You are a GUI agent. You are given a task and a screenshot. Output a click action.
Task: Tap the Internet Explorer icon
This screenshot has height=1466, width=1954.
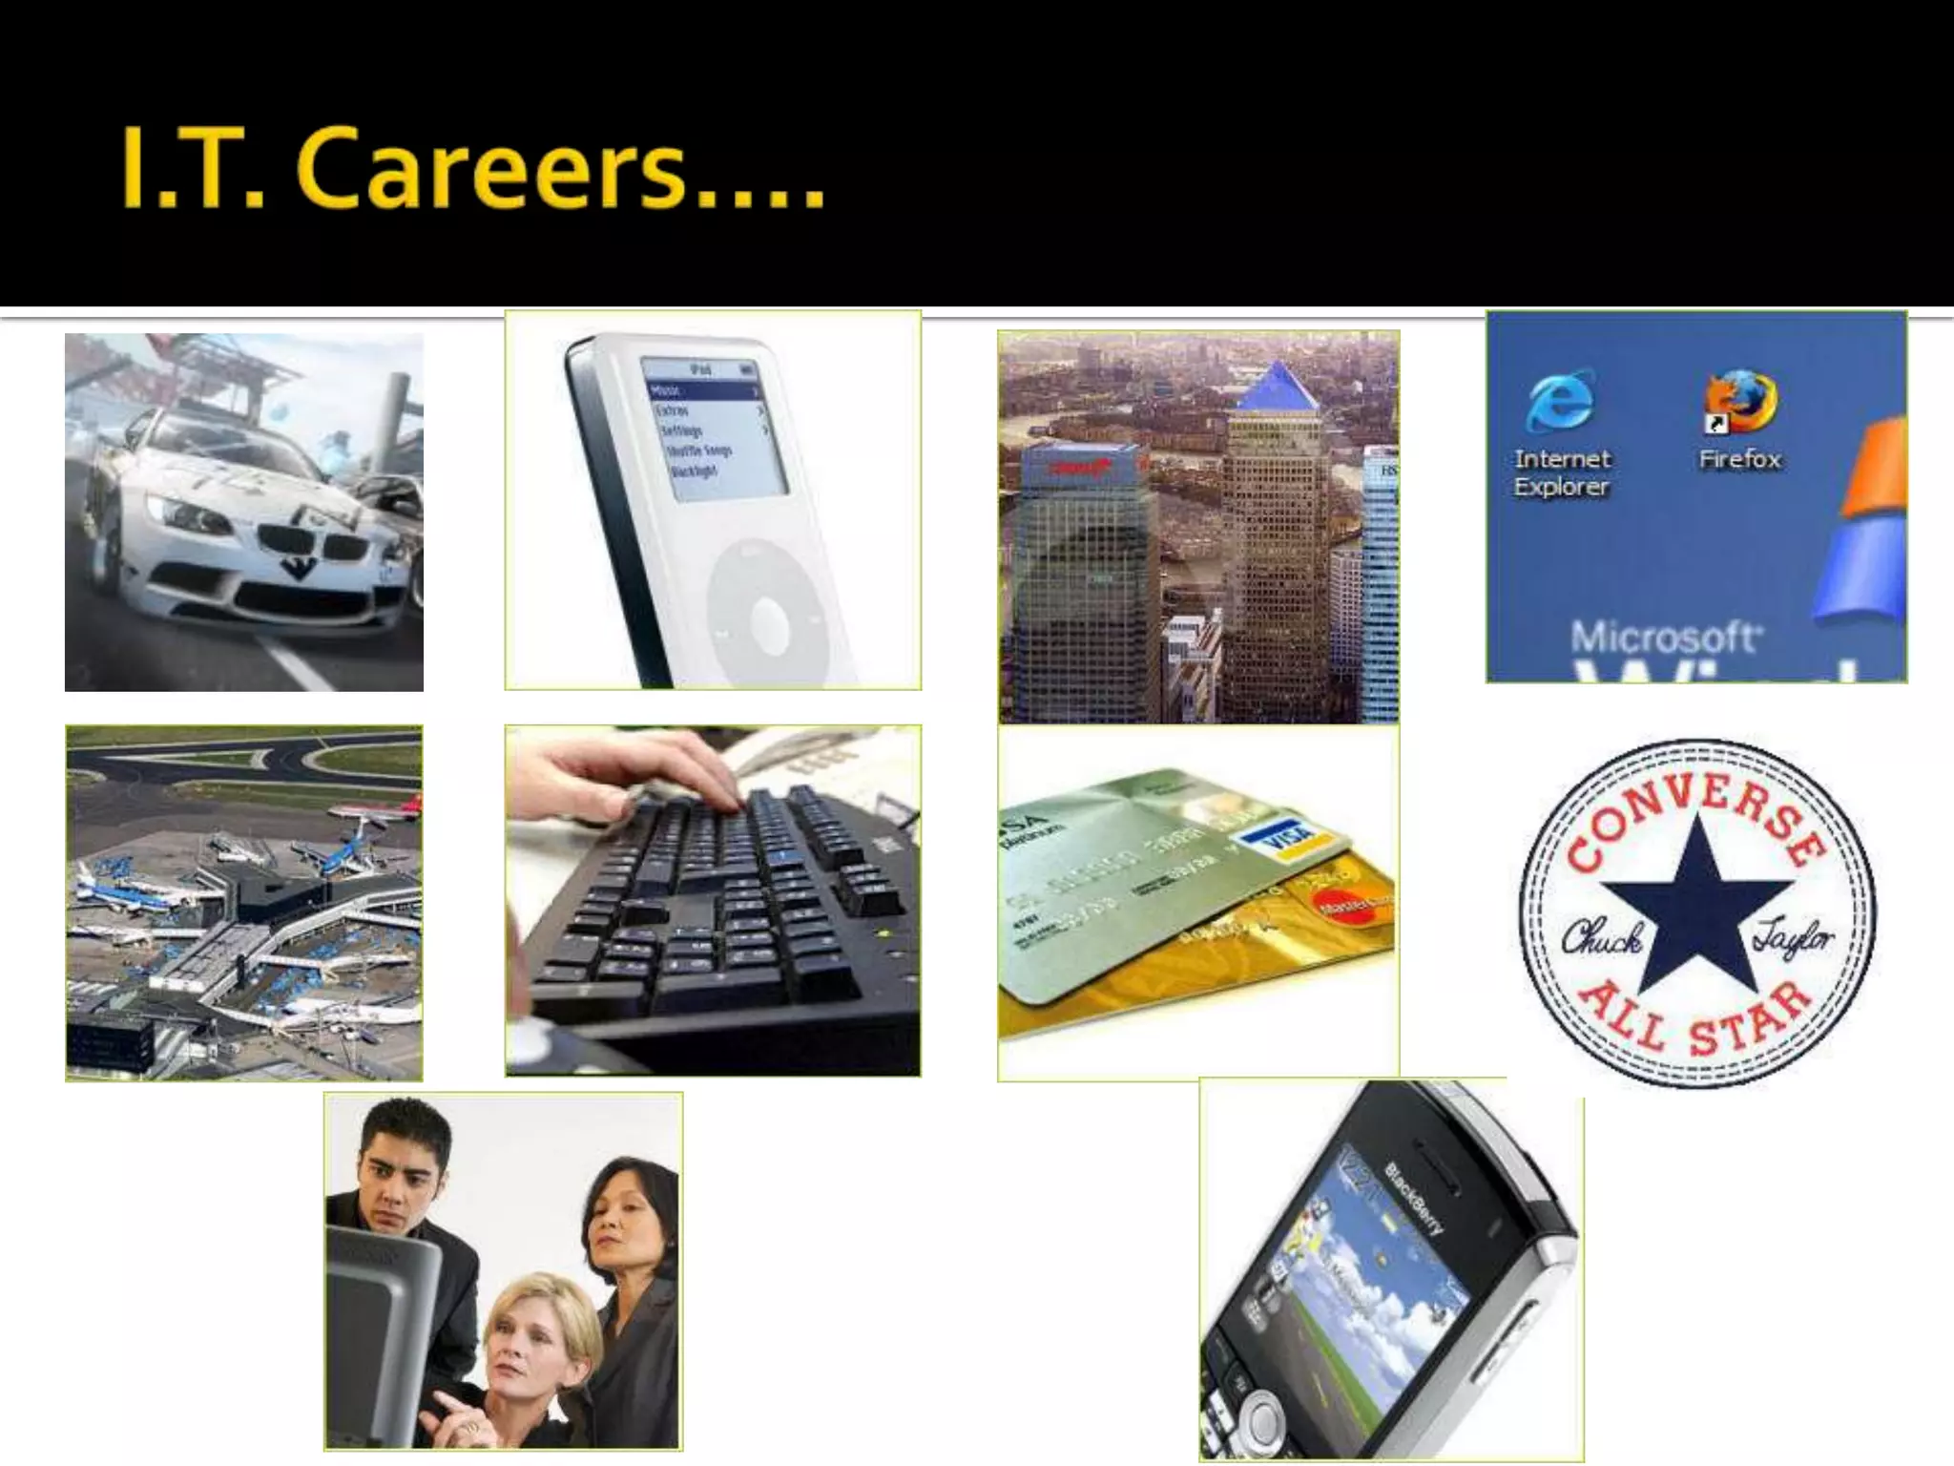point(1559,400)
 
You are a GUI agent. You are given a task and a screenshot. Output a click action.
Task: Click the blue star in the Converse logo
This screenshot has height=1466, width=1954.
point(1696,903)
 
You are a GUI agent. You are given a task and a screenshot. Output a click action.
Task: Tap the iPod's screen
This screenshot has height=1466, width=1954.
point(716,429)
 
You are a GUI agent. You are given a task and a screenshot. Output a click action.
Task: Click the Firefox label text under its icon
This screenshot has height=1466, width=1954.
point(1740,459)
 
